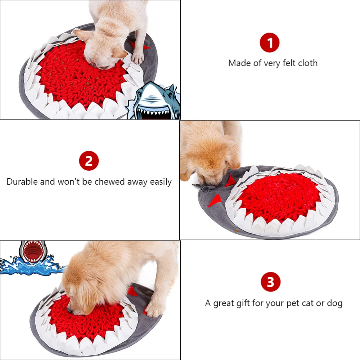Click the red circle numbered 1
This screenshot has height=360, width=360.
(x=270, y=43)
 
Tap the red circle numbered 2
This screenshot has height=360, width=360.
(x=89, y=161)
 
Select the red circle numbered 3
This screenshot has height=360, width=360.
(x=270, y=282)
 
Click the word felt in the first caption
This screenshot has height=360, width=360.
(x=289, y=63)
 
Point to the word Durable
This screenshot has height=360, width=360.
(x=22, y=181)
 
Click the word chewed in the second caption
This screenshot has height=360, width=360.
(x=109, y=181)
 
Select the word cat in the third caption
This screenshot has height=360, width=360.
(x=308, y=303)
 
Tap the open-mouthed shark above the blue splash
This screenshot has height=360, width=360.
(x=33, y=252)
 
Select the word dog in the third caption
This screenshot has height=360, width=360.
(x=335, y=303)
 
